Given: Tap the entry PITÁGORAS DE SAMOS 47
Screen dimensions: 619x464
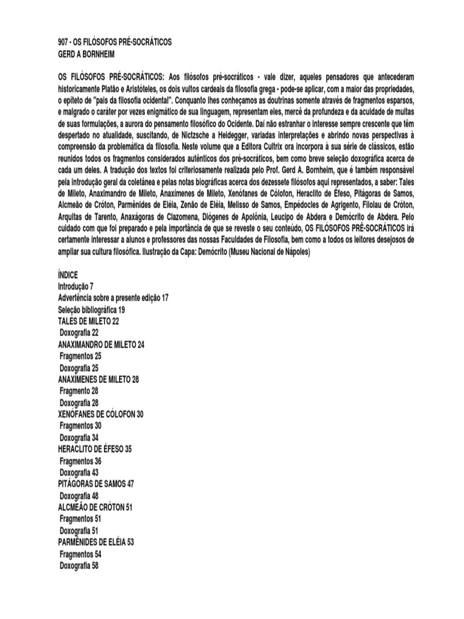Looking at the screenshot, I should pos(95,484).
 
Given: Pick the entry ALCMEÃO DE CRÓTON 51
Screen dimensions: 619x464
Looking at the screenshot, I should pos(95,508).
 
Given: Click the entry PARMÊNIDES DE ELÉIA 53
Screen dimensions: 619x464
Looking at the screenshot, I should pos(96,542).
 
